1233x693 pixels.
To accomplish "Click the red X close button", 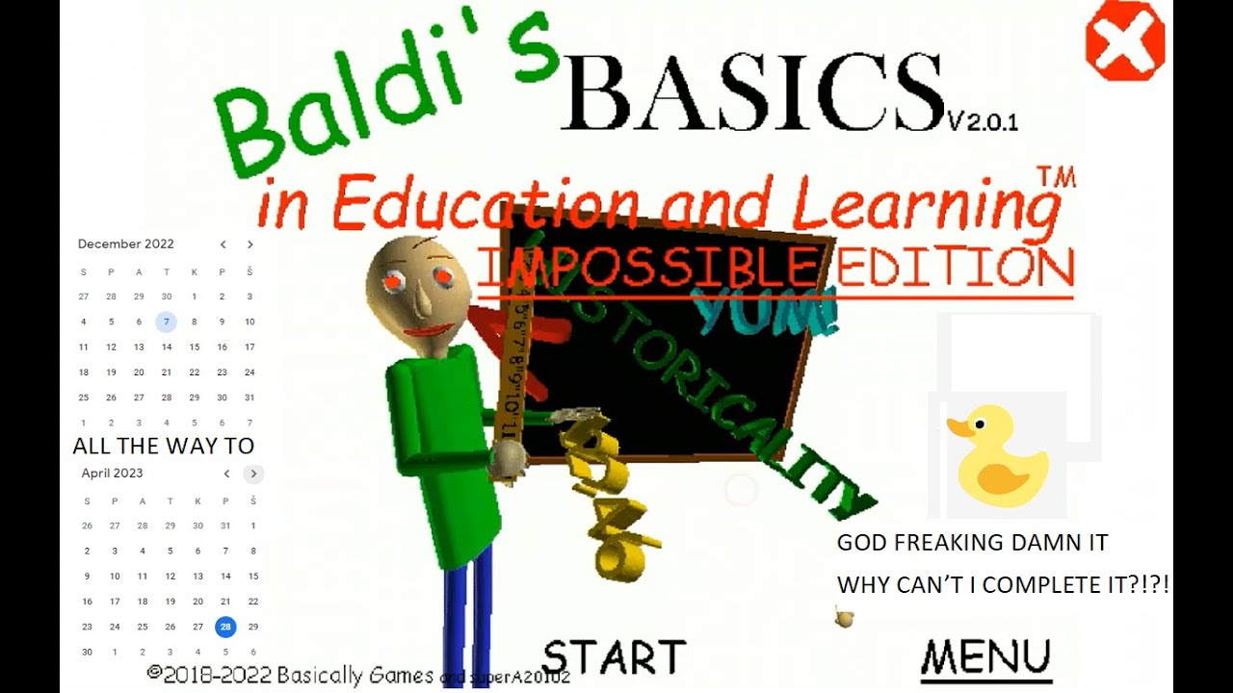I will tap(1124, 40).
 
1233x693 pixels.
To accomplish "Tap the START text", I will tap(614, 657).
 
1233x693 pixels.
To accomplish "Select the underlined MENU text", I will tap(985, 657).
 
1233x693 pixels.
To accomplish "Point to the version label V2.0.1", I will tap(983, 122).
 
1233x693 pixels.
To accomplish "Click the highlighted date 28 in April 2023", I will tap(225, 627).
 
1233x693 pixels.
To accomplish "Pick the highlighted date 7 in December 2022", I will tap(167, 322).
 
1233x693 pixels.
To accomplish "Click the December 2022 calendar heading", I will tap(126, 244).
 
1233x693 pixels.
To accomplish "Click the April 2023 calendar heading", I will tap(112, 474).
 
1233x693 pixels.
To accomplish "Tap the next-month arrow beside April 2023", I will tap(253, 474).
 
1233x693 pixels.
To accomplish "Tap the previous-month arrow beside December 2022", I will tap(223, 244).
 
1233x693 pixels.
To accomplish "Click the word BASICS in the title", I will tap(751, 91).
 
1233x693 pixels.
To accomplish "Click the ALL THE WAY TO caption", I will tap(164, 446).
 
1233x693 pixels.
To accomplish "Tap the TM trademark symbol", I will tap(1056, 176).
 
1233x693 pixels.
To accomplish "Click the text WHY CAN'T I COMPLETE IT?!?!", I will tap(1002, 584).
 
